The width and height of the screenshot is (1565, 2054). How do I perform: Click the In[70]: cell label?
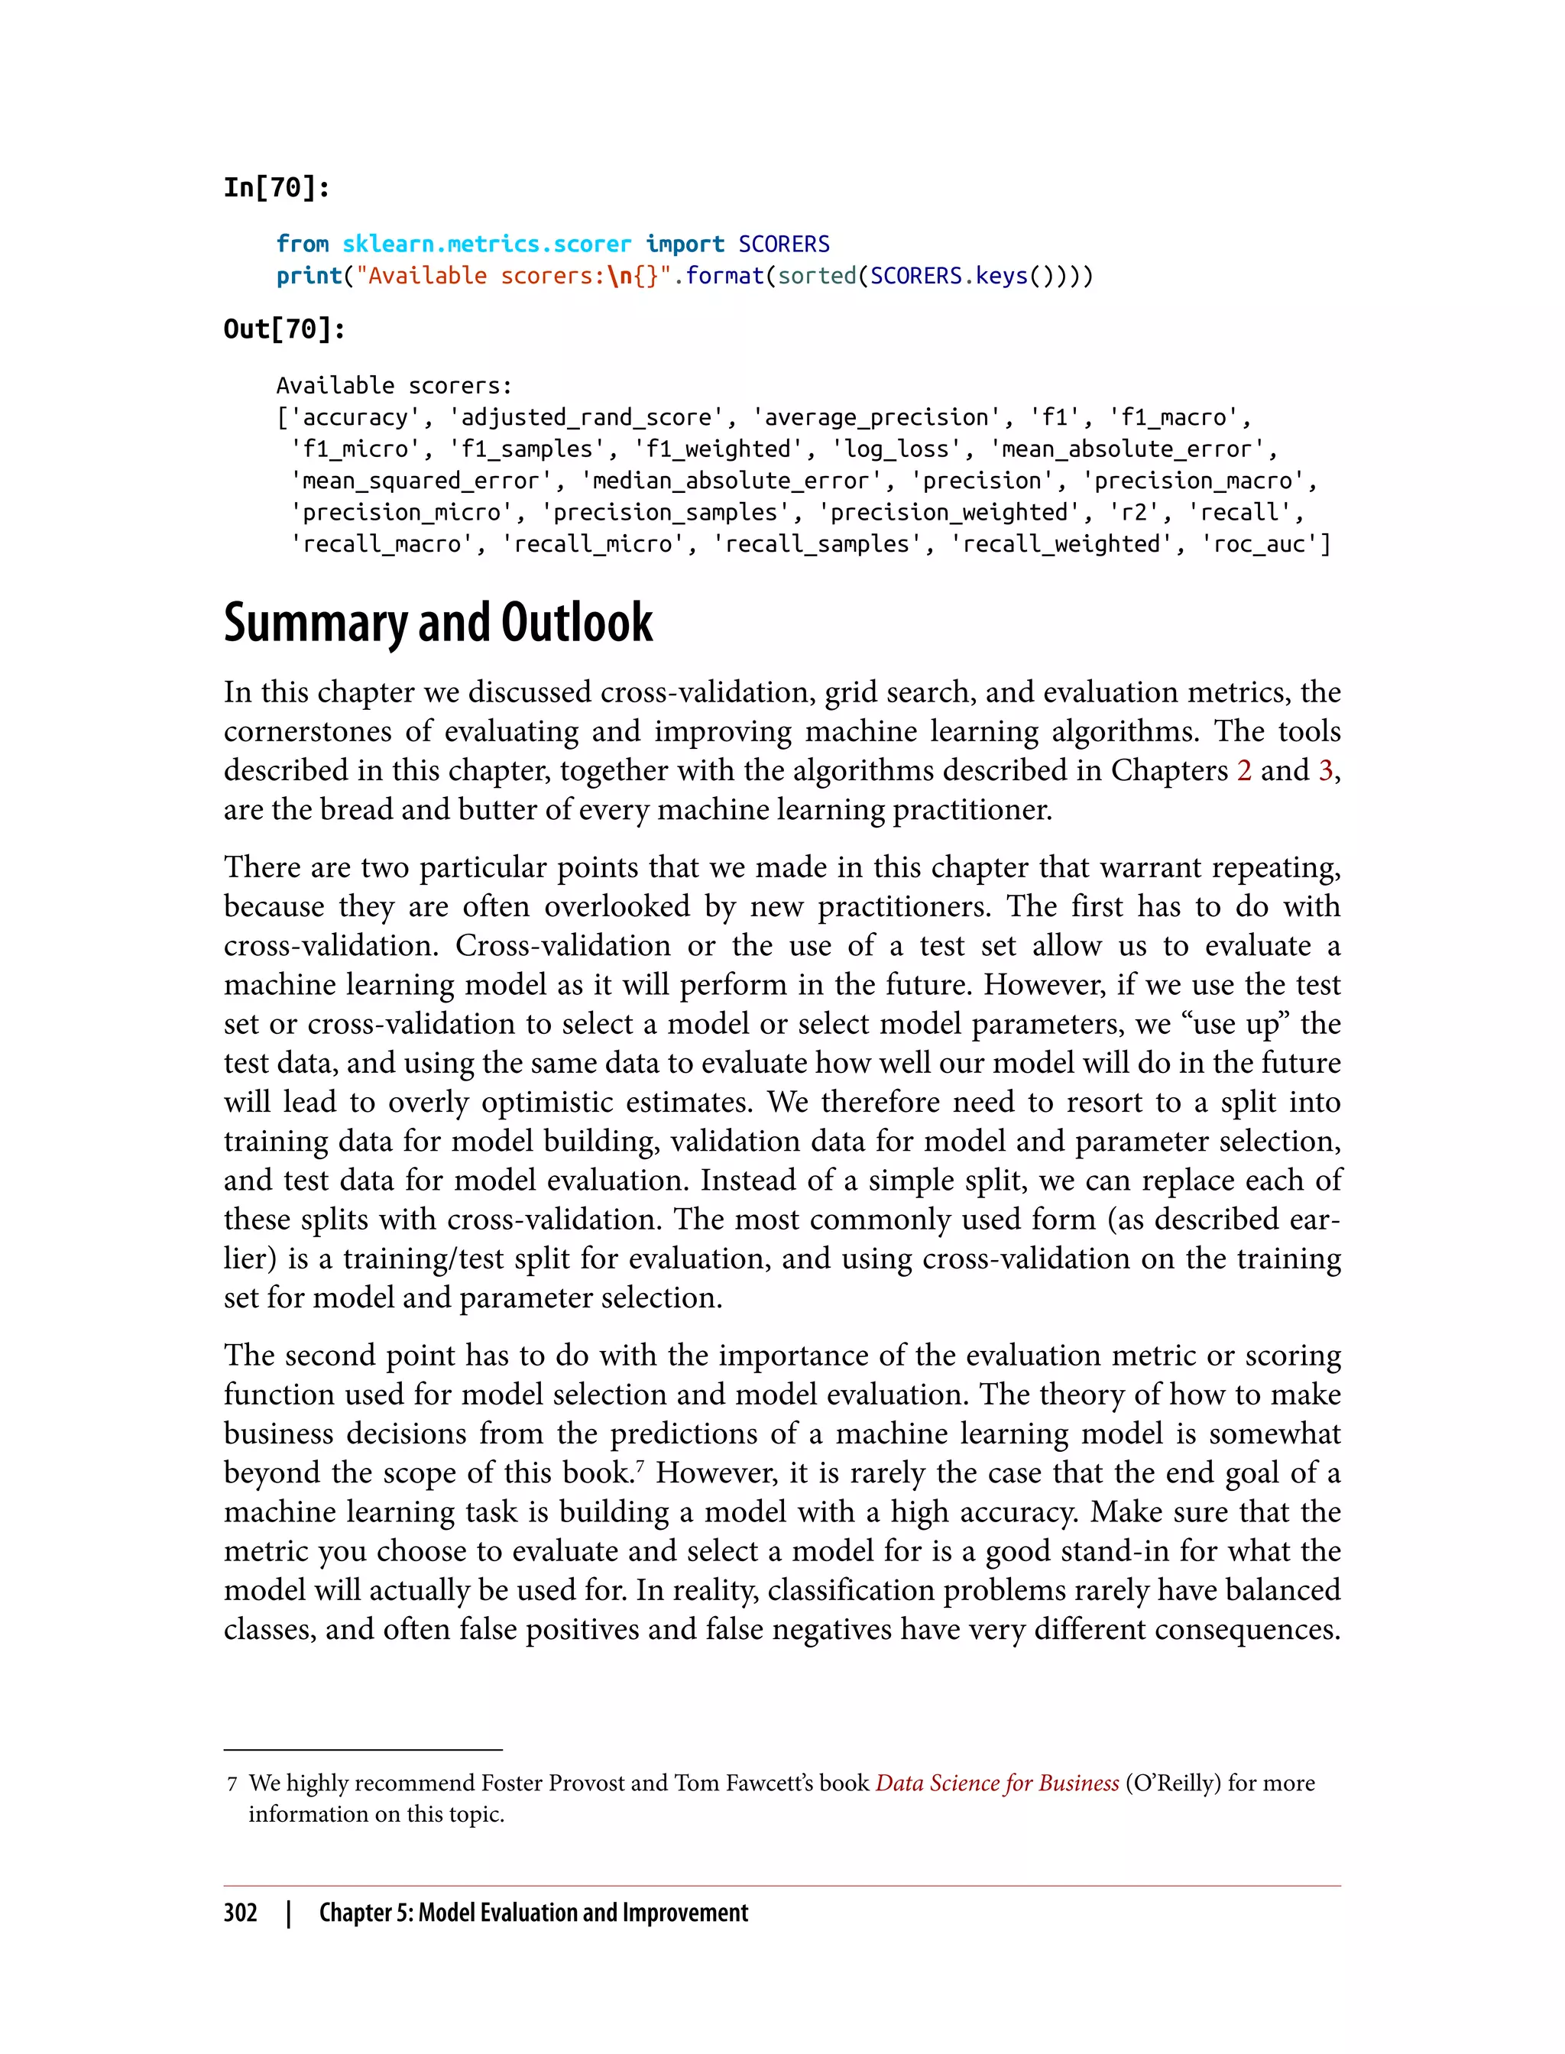pyautogui.click(x=277, y=188)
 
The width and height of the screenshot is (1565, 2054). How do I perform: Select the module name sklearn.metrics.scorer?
pyautogui.click(x=486, y=244)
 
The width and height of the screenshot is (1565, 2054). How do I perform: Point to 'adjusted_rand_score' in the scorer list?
pyautogui.click(x=592, y=417)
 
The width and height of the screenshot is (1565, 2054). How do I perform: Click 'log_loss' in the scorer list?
pyautogui.click(x=896, y=449)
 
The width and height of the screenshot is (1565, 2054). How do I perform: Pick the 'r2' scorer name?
pyautogui.click(x=1132, y=512)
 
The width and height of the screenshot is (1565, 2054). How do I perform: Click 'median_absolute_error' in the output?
pyautogui.click(x=731, y=481)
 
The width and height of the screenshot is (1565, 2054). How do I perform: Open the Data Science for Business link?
pyautogui.click(x=996, y=1783)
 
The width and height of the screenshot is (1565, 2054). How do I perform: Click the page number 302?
pyautogui.click(x=241, y=1913)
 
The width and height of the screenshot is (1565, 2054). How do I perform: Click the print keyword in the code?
pyautogui.click(x=309, y=276)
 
